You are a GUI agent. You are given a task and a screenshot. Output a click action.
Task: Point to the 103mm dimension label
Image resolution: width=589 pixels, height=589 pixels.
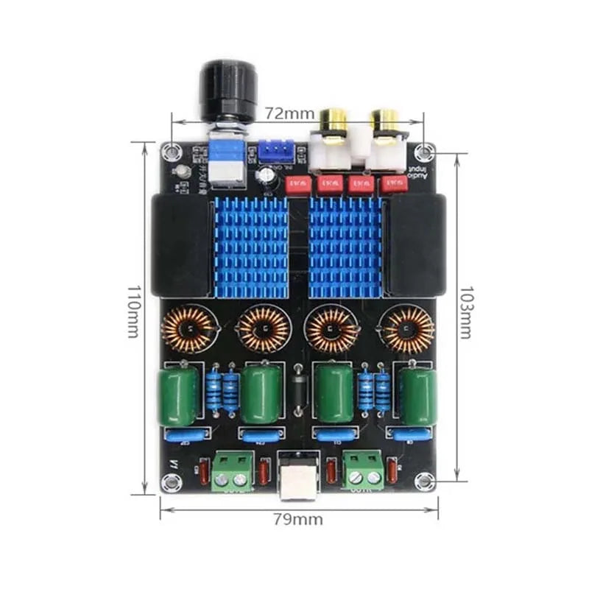(465, 311)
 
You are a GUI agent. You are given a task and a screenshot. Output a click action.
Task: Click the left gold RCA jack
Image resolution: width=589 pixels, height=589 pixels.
(335, 121)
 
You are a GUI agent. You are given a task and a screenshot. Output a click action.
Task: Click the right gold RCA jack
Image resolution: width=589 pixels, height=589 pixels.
(386, 121)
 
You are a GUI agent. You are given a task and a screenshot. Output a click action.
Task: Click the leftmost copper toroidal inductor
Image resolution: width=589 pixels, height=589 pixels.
(184, 329)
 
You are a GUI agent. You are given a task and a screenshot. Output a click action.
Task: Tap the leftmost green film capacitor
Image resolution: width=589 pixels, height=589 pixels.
(177, 395)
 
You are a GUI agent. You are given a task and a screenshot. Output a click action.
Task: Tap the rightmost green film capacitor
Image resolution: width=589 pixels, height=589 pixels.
(419, 395)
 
